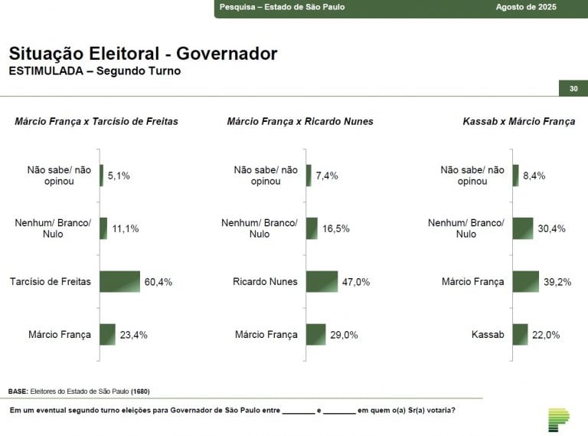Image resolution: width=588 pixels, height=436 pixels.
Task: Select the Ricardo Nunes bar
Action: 322,281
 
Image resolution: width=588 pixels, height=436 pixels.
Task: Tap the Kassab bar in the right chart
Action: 520,334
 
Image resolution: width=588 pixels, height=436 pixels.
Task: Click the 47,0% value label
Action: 356,282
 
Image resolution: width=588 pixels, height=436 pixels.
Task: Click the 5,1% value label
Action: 119,175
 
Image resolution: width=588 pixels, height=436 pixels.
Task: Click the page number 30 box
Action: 573,89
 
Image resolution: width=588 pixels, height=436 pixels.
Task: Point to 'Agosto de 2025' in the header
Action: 526,7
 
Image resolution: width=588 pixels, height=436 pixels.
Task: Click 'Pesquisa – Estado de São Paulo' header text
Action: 282,7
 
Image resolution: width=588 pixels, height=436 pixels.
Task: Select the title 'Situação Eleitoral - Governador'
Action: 142,54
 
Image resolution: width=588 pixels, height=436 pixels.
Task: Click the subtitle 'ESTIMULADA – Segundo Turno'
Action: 95,71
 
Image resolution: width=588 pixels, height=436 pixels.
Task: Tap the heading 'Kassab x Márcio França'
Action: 518,121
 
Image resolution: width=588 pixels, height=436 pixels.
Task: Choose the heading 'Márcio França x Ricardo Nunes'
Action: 300,121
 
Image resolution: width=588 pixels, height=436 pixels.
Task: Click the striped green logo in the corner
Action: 558,418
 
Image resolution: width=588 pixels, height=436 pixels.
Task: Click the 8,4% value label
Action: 534,175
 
